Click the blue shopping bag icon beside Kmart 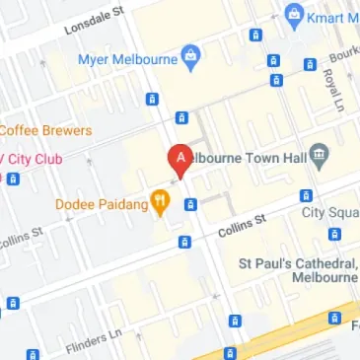point(293,16)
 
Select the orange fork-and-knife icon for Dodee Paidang point(160,204)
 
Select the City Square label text point(329,212)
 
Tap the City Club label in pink point(35,158)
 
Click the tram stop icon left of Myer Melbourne point(152,99)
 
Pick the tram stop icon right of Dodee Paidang point(191,204)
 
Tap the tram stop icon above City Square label point(306,195)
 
